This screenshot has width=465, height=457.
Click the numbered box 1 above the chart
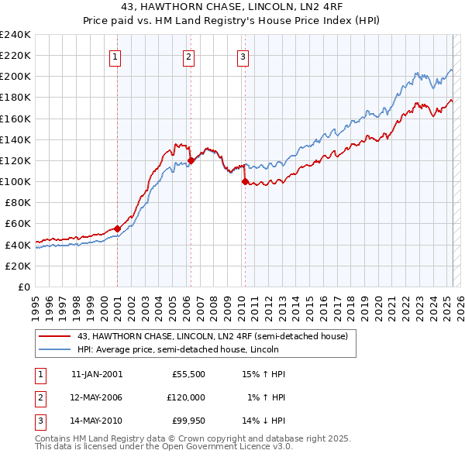click(x=115, y=56)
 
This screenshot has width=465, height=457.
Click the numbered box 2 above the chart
click(x=188, y=56)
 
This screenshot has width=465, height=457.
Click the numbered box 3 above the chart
click(x=243, y=56)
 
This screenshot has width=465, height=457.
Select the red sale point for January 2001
click(x=117, y=228)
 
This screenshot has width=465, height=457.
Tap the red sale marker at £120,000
click(x=191, y=160)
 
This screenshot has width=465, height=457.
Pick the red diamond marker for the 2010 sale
click(x=245, y=182)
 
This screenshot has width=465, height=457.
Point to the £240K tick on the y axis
click(x=15, y=34)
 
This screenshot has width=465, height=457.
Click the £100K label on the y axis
click(x=15, y=181)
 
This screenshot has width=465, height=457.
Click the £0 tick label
click(x=23, y=287)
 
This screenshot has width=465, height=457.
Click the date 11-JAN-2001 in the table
click(x=97, y=373)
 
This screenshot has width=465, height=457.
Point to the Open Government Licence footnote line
click(x=164, y=446)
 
